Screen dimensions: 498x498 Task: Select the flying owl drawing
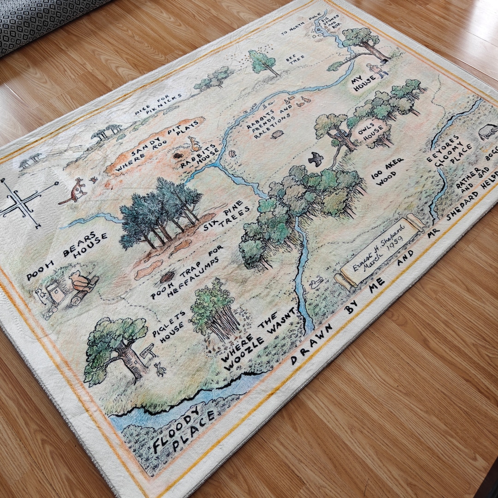pyautogui.click(x=316, y=159)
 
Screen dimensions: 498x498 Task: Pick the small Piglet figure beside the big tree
pyautogui.click(x=160, y=368)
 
